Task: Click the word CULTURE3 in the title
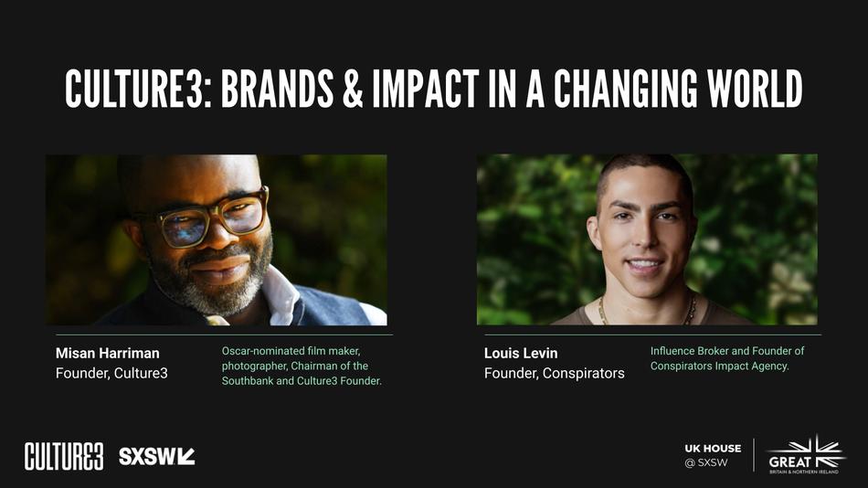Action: coord(137,89)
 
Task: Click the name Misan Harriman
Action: coord(107,353)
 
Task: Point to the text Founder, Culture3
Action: coord(111,373)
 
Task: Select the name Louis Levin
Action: coord(521,353)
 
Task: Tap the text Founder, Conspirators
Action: coord(554,373)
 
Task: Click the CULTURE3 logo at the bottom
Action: coord(63,455)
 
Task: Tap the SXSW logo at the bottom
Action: coord(156,455)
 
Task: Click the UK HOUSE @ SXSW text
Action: coord(713,455)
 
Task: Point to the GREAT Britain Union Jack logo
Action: coord(805,454)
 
